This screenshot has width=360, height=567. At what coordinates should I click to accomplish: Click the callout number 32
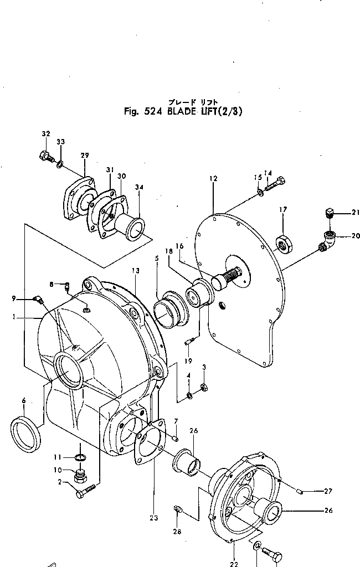click(45, 134)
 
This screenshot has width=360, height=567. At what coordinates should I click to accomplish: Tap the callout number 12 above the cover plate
click(213, 178)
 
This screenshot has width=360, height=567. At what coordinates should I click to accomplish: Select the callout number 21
click(355, 212)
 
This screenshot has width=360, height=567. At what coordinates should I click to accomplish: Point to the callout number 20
click(355, 235)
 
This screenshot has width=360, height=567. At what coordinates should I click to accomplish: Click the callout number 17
click(282, 210)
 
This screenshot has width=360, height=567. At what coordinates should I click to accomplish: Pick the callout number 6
click(23, 400)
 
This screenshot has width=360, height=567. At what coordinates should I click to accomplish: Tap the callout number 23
click(153, 518)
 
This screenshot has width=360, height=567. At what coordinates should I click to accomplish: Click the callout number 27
click(327, 491)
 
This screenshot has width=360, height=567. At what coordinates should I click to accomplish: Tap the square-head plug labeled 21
click(329, 213)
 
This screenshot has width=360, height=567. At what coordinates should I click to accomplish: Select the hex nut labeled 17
click(282, 244)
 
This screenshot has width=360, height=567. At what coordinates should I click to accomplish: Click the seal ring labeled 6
click(25, 427)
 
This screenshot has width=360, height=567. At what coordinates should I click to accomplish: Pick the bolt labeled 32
click(45, 157)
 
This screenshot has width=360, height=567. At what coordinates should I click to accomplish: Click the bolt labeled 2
click(86, 492)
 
